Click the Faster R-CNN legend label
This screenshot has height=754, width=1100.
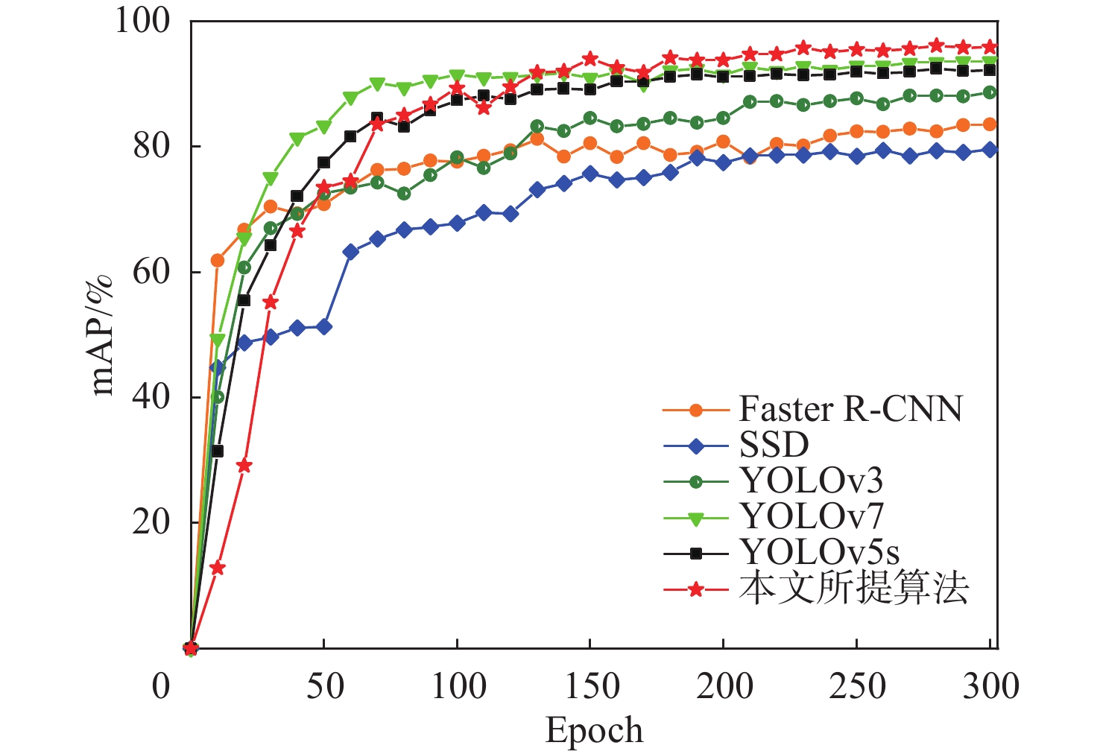pos(850,409)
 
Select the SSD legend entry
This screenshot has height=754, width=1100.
pos(774,446)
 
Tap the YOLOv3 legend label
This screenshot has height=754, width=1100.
pos(811,481)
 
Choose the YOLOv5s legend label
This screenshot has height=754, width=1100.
pos(819,552)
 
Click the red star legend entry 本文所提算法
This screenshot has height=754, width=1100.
pos(853,589)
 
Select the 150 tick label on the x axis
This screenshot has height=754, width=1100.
pos(590,686)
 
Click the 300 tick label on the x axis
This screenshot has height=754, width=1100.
pos(990,686)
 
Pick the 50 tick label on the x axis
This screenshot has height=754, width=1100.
pos(324,686)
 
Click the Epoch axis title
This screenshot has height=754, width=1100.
pos(594,730)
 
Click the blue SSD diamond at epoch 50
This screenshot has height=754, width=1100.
pos(324,327)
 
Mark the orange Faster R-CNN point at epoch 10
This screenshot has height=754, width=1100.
pos(218,261)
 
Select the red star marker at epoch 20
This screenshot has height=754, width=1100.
pos(244,466)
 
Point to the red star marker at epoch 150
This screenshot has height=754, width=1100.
pos(590,58)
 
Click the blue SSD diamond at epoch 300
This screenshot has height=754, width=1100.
pos(990,150)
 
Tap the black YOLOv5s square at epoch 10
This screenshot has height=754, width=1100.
pos(218,451)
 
